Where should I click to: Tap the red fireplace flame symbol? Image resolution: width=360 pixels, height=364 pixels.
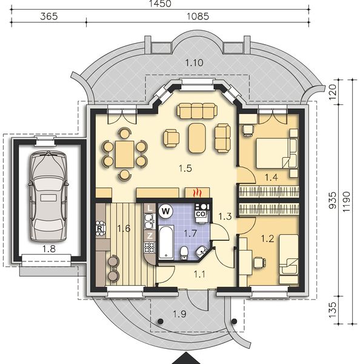click(x=196, y=194)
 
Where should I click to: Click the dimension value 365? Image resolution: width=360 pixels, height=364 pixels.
click(x=48, y=17)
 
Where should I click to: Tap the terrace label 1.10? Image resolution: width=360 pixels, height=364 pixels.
click(x=194, y=63)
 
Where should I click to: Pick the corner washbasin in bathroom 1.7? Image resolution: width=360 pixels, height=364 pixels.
click(x=201, y=251)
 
